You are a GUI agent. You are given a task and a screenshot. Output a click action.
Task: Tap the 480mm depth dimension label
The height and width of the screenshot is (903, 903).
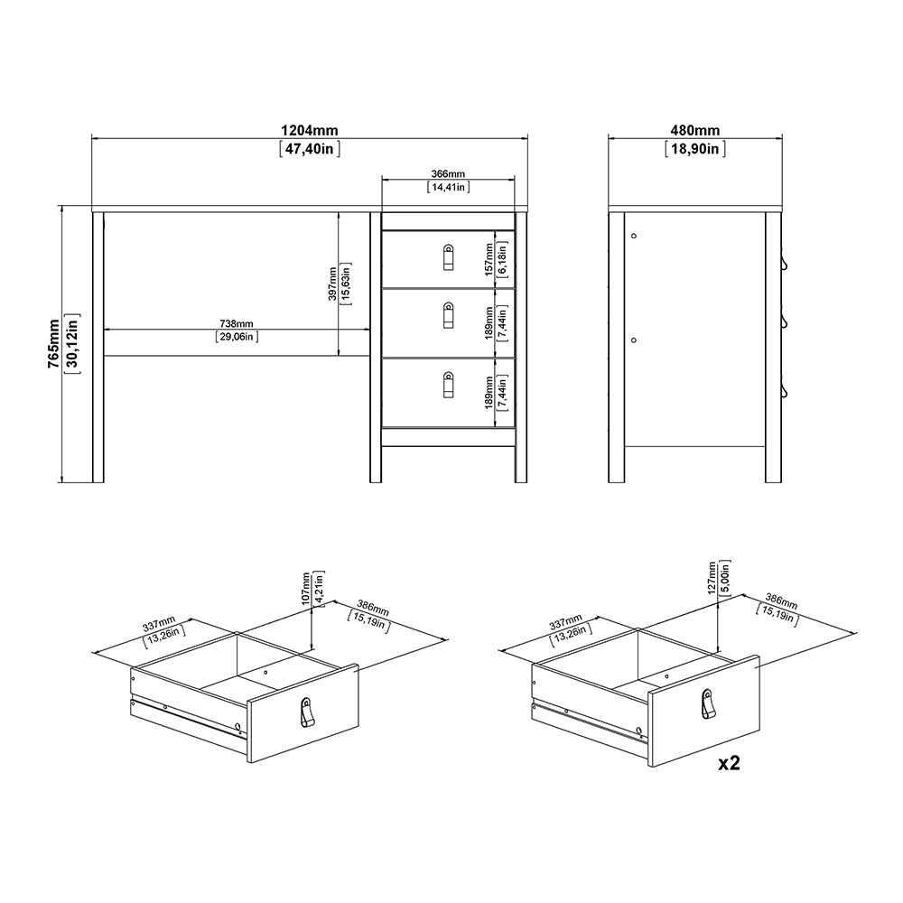click(695, 131)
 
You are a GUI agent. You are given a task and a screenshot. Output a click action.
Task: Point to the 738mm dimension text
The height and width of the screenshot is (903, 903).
click(237, 323)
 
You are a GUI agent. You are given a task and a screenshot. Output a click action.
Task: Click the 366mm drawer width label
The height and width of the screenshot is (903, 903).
click(448, 173)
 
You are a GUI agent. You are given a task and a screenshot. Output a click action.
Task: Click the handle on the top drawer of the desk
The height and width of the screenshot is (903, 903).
click(448, 256)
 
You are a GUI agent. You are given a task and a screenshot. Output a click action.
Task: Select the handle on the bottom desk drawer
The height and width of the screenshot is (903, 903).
click(448, 385)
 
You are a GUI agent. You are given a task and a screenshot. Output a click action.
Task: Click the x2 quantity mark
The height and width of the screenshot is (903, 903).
click(729, 764)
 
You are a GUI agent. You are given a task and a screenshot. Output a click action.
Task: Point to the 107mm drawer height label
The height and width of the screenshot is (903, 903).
click(307, 587)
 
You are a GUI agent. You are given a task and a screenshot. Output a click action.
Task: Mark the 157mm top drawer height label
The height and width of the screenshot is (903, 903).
click(488, 258)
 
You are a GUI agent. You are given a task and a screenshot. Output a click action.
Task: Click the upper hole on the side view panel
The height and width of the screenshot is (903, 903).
click(633, 235)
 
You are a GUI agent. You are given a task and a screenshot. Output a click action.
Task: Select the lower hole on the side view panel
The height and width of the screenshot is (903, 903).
click(633, 340)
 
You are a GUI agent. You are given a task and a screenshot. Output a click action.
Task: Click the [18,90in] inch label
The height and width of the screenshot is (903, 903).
click(695, 150)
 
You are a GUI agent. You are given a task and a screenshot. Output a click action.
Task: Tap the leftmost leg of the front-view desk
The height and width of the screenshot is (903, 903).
click(98, 347)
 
